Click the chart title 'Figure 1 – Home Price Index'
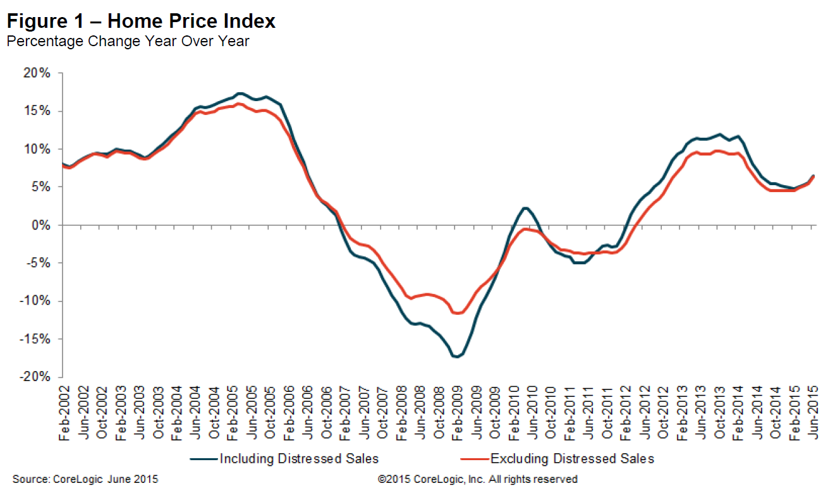[141, 21]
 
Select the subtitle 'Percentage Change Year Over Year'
[128, 42]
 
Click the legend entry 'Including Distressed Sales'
[298, 458]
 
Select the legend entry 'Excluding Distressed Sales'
[572, 458]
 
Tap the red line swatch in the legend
[472, 458]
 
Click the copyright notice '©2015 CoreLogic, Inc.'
[477, 480]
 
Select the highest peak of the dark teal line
[239, 93]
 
